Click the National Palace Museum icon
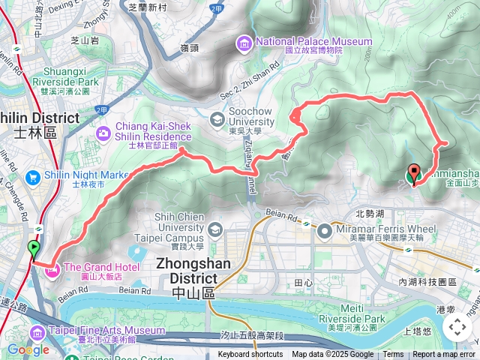[x=244, y=44]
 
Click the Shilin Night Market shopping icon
[x=32, y=178]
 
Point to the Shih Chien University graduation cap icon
[x=215, y=229]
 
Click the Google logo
[x=28, y=349]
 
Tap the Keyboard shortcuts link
[x=250, y=355]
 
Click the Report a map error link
[x=444, y=355]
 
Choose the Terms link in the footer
[x=393, y=355]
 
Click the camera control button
[x=457, y=327]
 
